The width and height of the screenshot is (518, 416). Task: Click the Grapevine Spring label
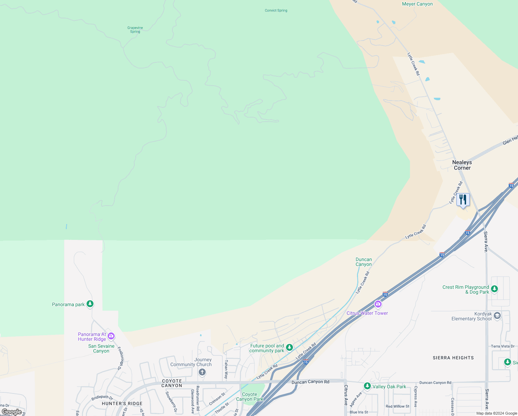click(135, 30)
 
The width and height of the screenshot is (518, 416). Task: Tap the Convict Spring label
click(276, 10)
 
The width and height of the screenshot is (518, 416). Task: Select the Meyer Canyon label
click(417, 4)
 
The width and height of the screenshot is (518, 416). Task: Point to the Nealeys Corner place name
click(462, 165)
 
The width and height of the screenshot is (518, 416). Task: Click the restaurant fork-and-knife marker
click(463, 200)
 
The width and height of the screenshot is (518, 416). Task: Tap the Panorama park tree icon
click(90, 304)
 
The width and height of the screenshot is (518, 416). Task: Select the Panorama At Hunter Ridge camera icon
click(111, 336)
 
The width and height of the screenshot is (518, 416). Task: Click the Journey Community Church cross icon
click(202, 372)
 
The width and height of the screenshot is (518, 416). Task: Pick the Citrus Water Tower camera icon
click(378, 305)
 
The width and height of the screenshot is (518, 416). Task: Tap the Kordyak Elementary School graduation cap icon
click(497, 315)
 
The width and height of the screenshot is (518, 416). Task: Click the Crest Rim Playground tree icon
click(494, 289)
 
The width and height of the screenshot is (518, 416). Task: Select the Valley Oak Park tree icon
click(367, 386)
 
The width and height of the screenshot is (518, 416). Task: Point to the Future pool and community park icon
click(289, 347)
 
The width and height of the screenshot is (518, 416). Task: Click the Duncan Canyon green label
click(364, 262)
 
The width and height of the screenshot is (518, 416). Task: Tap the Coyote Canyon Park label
click(250, 397)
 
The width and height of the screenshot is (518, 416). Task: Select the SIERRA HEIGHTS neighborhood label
click(453, 358)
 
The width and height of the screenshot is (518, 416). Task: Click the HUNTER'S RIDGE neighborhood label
click(122, 404)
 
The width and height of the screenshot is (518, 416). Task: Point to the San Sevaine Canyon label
click(101, 348)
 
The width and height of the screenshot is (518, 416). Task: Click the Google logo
click(12, 412)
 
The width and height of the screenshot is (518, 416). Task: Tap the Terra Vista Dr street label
click(502, 346)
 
